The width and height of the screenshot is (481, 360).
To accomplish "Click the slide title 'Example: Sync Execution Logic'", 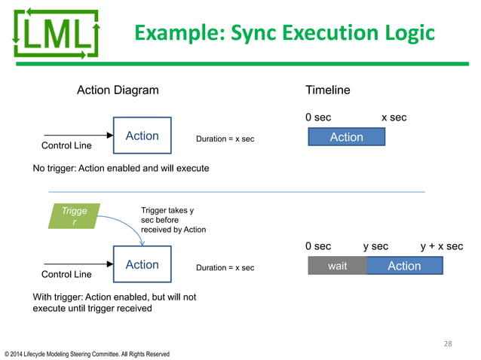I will (x=283, y=33).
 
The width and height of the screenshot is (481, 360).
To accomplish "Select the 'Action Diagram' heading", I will (x=118, y=90).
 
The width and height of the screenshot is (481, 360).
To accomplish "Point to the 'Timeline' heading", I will (x=327, y=90).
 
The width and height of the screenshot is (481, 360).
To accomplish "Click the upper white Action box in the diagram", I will (x=142, y=136).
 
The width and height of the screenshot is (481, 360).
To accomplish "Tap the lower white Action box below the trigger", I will (x=142, y=265).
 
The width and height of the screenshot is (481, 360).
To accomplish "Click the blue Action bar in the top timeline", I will (x=346, y=137).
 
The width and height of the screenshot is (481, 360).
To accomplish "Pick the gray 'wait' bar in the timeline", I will (x=337, y=266).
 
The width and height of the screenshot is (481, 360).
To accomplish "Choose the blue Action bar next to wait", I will (x=404, y=266).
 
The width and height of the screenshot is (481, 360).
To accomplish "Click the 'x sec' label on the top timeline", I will (x=394, y=118).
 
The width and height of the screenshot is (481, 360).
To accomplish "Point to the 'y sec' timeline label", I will (x=375, y=246).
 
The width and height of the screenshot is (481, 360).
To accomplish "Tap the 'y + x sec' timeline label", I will (x=441, y=246).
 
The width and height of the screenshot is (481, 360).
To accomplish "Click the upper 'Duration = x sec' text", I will (x=225, y=139).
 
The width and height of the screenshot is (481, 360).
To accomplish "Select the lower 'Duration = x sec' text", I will (x=225, y=268).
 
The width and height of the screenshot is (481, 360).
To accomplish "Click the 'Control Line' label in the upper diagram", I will (x=66, y=145).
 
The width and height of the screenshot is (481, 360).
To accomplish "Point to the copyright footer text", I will (x=87, y=354).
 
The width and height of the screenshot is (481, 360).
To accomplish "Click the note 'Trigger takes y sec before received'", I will (x=173, y=220).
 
